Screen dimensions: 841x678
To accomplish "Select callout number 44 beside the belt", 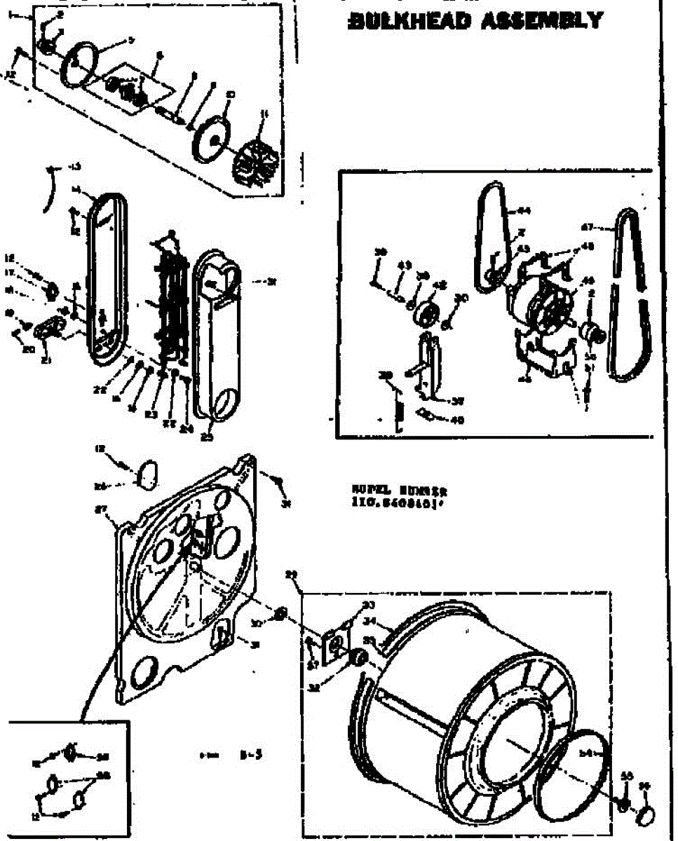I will [x=524, y=210].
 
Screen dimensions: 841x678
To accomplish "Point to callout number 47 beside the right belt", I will [x=588, y=226].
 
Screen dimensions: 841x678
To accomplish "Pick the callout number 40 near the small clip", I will [x=458, y=420].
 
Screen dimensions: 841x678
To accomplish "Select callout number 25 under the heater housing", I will [x=207, y=438].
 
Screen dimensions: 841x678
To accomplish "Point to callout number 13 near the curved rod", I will [x=75, y=166].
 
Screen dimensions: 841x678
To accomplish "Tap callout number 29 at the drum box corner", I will [x=292, y=575].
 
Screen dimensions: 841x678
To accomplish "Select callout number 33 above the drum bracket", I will [x=368, y=605].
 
